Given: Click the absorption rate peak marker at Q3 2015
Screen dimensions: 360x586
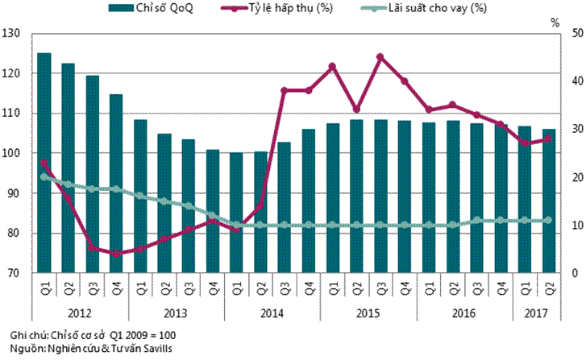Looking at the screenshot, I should point(380,57).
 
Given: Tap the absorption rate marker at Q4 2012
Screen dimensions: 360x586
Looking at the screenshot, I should point(116,253).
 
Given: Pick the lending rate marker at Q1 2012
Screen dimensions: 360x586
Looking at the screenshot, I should point(44,176).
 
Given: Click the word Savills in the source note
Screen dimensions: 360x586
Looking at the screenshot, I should point(155,347).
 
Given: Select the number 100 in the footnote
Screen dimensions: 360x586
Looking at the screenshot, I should point(165,333).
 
